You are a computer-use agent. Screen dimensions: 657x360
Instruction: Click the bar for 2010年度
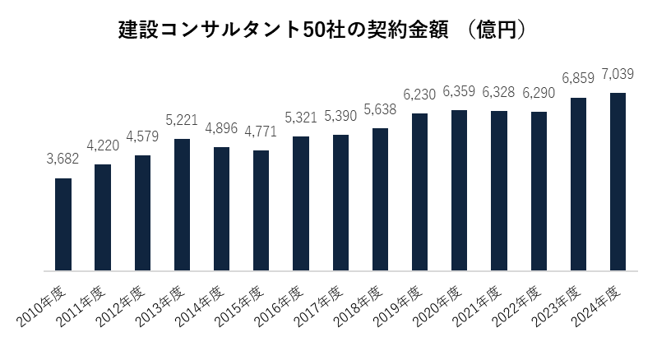tap(63, 224)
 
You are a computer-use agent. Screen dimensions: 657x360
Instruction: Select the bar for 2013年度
tap(183, 205)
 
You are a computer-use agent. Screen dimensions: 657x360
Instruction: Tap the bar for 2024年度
tap(618, 182)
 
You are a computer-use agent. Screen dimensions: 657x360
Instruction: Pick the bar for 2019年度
tap(420, 192)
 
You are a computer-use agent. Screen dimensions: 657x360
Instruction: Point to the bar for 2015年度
tap(261, 210)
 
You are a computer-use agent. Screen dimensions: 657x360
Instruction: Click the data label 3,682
tap(62, 159)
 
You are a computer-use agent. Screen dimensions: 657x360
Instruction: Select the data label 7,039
tap(618, 74)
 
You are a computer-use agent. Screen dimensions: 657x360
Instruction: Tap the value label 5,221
tap(182, 120)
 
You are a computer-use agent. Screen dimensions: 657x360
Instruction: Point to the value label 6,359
tap(459, 91)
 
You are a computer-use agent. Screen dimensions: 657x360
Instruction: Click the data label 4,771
tap(261, 132)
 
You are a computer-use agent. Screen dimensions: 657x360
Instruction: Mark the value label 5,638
tap(380, 109)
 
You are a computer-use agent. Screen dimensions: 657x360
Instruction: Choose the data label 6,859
tap(578, 78)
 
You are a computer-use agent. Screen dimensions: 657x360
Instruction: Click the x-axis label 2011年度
tap(81, 307)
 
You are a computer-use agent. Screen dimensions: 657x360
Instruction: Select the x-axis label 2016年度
tap(279, 307)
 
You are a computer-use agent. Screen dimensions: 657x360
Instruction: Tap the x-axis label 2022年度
tap(516, 307)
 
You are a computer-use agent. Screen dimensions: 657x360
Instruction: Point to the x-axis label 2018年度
tap(359, 307)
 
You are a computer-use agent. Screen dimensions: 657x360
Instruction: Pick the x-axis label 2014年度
tap(200, 307)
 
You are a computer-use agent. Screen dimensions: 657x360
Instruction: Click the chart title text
tap(322, 30)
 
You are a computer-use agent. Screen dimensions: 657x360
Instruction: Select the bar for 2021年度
tap(499, 191)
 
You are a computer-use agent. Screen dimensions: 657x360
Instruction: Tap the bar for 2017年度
tap(340, 203)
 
